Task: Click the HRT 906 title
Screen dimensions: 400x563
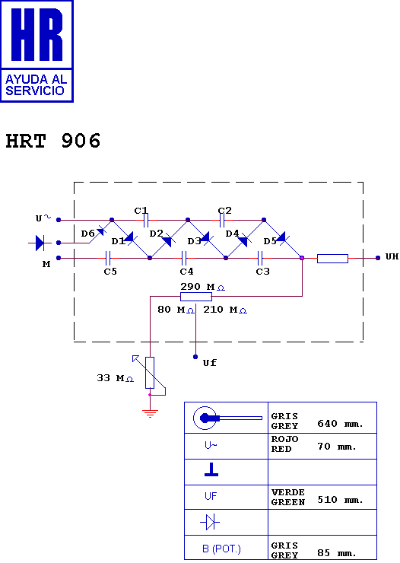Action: pos(53,141)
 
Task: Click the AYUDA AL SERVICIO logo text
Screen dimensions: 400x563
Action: pos(36,85)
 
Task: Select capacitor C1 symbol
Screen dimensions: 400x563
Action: pos(146,220)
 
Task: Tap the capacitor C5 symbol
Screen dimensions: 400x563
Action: pos(108,258)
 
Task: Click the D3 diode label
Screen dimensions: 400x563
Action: pos(195,241)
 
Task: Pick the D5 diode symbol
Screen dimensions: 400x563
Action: pos(281,237)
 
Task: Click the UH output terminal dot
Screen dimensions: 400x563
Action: pos(378,258)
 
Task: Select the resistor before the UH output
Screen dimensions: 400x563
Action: pos(332,259)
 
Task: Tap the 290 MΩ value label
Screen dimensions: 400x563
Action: pos(203,287)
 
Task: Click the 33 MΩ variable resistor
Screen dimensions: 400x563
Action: pos(150,373)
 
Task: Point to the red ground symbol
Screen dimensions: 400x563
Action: pos(150,413)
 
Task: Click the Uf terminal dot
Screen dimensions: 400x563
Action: pos(195,357)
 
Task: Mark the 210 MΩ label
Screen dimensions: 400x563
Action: pos(225,310)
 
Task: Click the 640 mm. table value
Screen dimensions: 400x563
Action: pos(340,424)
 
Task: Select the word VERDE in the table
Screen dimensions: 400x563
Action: pos(288,492)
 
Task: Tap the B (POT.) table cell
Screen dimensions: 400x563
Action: pos(221,549)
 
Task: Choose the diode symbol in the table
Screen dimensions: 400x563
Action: pos(210,522)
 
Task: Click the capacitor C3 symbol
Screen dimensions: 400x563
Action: pos(260,258)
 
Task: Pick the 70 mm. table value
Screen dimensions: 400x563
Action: pos(337,447)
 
